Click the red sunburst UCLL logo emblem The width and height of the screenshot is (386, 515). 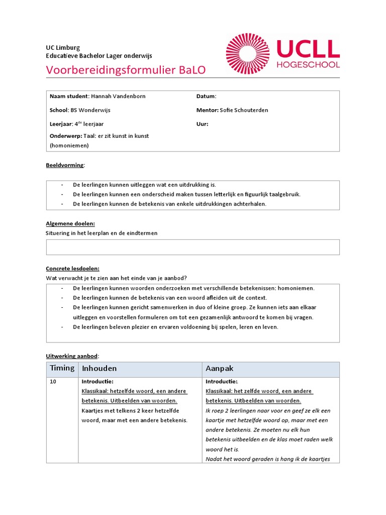tap(248, 54)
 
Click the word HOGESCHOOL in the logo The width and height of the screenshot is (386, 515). tap(308, 65)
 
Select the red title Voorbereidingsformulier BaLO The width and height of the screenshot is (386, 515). tap(126, 70)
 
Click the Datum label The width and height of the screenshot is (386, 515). tap(206, 96)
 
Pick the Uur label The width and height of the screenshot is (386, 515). tap(202, 124)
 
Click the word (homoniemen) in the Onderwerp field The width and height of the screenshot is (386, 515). tap(69, 145)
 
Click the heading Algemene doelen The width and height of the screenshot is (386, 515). tap(70, 223)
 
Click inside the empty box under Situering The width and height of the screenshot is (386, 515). tap(192, 247)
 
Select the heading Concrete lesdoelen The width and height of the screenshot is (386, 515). tap(73, 269)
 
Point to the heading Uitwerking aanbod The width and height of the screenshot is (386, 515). tap(72, 356)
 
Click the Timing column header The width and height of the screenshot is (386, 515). tap(62, 368)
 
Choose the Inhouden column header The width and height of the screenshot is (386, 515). tap(99, 369)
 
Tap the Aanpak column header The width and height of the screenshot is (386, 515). tap(220, 369)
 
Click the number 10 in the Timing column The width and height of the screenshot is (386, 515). tap(53, 382)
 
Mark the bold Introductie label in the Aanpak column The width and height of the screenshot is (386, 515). tap(222, 382)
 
